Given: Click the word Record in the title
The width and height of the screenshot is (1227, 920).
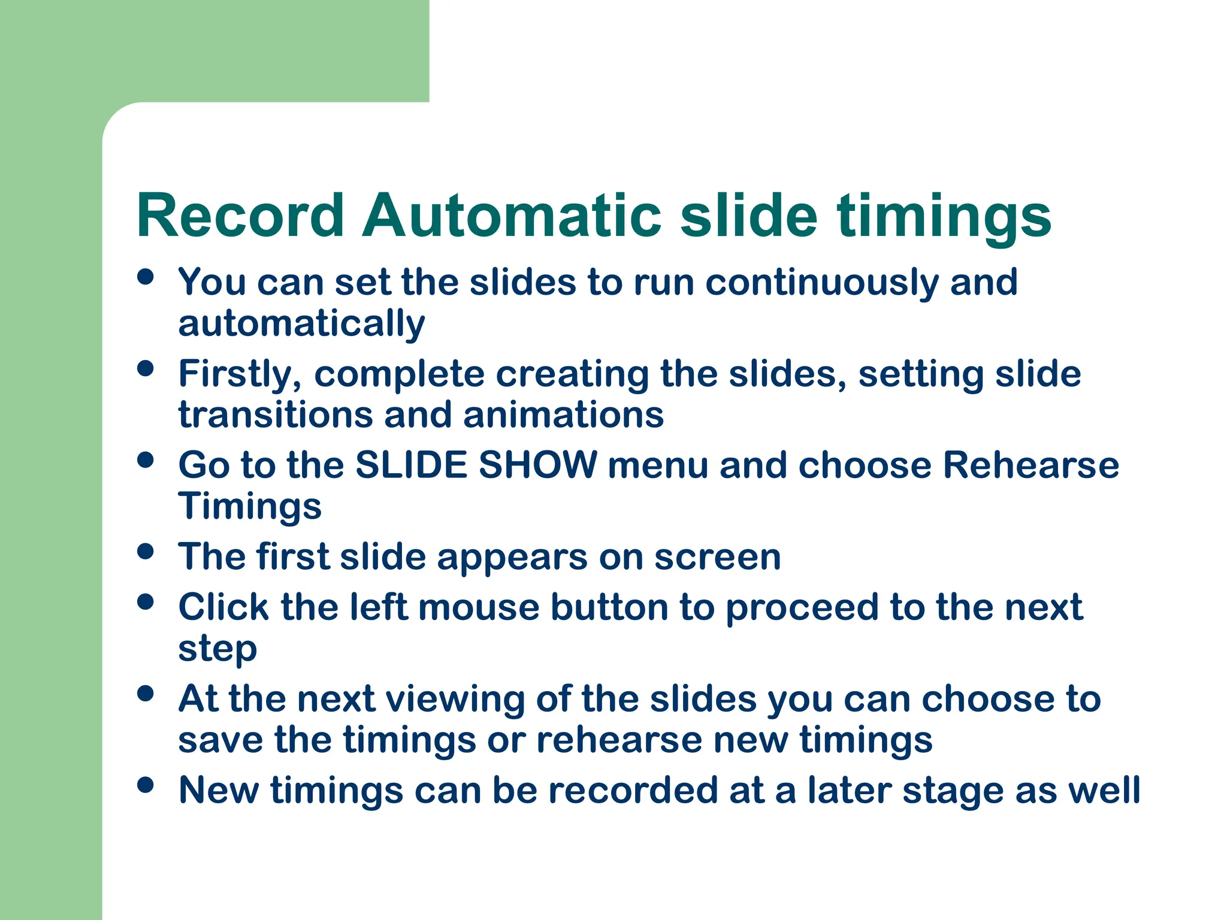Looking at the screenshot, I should [240, 216].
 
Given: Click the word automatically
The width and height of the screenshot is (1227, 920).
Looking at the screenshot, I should [301, 324].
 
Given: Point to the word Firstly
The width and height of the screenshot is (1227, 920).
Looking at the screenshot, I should [240, 374].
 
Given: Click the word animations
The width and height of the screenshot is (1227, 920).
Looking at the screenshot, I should [563, 415].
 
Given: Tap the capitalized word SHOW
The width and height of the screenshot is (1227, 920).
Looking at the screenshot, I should [537, 465].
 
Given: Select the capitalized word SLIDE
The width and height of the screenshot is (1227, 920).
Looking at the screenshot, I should [412, 465].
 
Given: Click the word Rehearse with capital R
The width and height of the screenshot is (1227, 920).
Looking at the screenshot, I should [1030, 465].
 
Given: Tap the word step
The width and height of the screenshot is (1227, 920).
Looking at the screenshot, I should [217, 649].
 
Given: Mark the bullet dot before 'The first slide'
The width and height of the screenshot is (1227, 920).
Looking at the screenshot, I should [146, 551].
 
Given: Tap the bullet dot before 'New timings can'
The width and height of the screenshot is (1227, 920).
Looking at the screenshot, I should [146, 785].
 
